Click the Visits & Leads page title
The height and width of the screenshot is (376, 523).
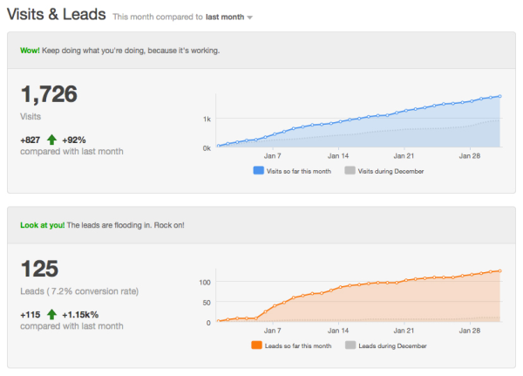pyautogui.click(x=57, y=15)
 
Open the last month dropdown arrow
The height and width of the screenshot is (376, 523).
pyautogui.click(x=250, y=17)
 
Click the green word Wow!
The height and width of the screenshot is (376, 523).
pyautogui.click(x=30, y=50)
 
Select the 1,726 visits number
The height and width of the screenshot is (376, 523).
pyautogui.click(x=48, y=94)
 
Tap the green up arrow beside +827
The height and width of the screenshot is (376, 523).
pyautogui.click(x=52, y=139)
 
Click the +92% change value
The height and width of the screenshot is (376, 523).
pyautogui.click(x=75, y=139)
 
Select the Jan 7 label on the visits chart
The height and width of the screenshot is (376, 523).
pyautogui.click(x=272, y=157)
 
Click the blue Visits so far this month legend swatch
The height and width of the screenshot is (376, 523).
pyautogui.click(x=259, y=171)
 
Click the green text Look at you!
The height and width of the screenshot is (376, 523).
pyautogui.click(x=42, y=225)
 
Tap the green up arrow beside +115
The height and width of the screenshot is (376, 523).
pyautogui.click(x=52, y=313)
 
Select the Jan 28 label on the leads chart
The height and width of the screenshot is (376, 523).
pyautogui.click(x=472, y=332)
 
